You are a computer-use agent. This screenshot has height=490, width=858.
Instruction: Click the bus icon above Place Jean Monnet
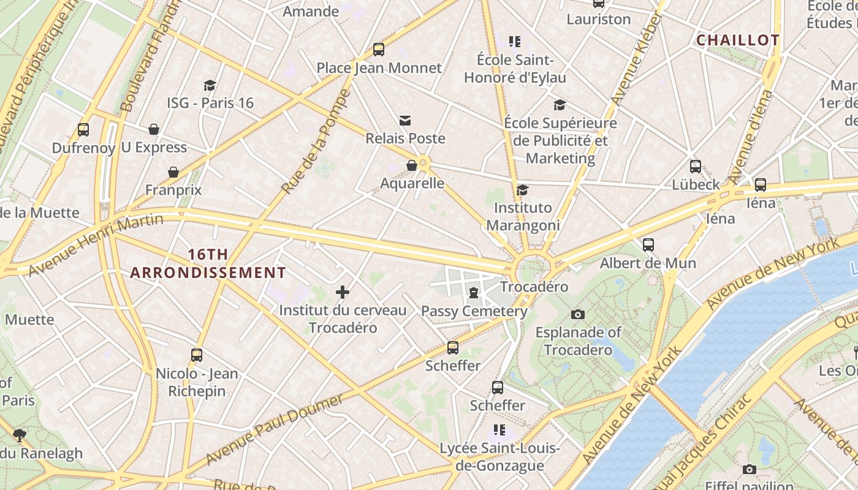click(x=379, y=50)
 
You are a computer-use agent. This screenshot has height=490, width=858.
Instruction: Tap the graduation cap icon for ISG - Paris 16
click(x=210, y=85)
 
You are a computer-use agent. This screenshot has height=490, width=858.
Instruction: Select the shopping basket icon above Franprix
click(x=173, y=172)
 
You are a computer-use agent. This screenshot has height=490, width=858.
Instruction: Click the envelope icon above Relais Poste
click(x=405, y=121)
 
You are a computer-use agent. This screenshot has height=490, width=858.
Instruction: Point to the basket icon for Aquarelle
click(x=412, y=165)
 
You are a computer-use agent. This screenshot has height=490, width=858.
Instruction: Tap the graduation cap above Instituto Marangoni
click(x=522, y=190)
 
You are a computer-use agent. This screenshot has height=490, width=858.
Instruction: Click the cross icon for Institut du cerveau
click(x=343, y=292)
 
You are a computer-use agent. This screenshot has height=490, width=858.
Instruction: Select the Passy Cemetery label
click(x=474, y=311)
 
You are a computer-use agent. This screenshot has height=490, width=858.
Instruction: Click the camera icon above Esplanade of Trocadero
click(x=577, y=314)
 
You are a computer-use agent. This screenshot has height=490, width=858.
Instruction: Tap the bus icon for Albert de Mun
click(x=648, y=245)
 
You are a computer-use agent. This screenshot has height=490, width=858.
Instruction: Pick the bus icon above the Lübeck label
click(x=696, y=166)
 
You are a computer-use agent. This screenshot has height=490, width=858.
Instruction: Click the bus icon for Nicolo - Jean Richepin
click(x=197, y=355)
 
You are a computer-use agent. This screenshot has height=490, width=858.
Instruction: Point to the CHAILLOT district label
click(x=738, y=40)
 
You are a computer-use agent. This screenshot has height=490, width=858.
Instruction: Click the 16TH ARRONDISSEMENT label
click(x=208, y=263)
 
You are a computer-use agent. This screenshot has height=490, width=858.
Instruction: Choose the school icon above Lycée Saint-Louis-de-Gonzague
click(x=499, y=430)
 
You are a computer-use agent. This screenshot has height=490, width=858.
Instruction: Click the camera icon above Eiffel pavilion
click(x=749, y=469)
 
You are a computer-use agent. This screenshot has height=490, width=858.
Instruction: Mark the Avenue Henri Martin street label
click(x=96, y=244)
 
